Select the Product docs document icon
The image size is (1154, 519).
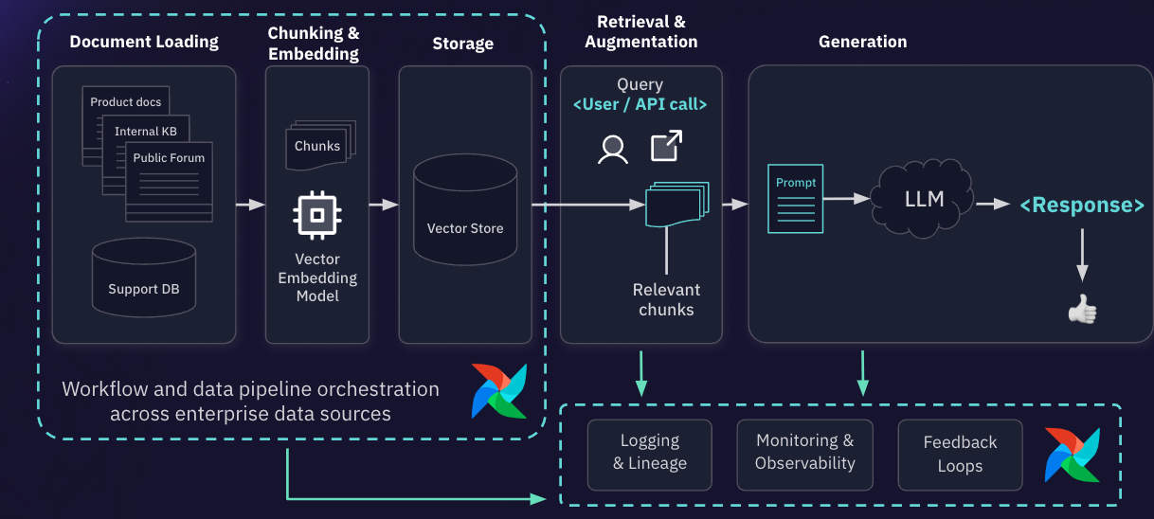[125, 102]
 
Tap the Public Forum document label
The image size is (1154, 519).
[169, 158]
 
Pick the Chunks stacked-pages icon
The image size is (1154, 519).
[318, 145]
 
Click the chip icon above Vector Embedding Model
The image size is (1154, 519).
[317, 215]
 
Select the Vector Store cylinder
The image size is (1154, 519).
[465, 209]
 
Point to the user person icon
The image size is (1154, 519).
[613, 149]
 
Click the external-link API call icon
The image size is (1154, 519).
[666, 146]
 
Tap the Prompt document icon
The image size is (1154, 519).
[795, 198]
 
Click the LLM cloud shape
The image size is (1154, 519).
[924, 200]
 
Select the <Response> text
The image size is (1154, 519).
[1081, 206]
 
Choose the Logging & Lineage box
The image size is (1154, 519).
[649, 453]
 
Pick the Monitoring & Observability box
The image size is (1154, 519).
[804, 453]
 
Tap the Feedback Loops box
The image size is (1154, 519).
[960, 455]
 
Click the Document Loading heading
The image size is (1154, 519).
[144, 42]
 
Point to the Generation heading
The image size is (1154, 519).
[862, 42]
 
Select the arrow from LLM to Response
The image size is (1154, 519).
[993, 204]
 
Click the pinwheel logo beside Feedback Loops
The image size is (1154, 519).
[1073, 455]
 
